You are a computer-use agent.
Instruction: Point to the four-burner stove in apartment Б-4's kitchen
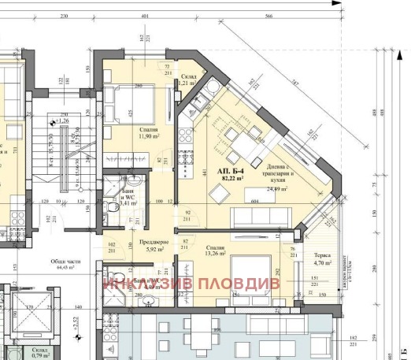pyautogui.click(x=188, y=155)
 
